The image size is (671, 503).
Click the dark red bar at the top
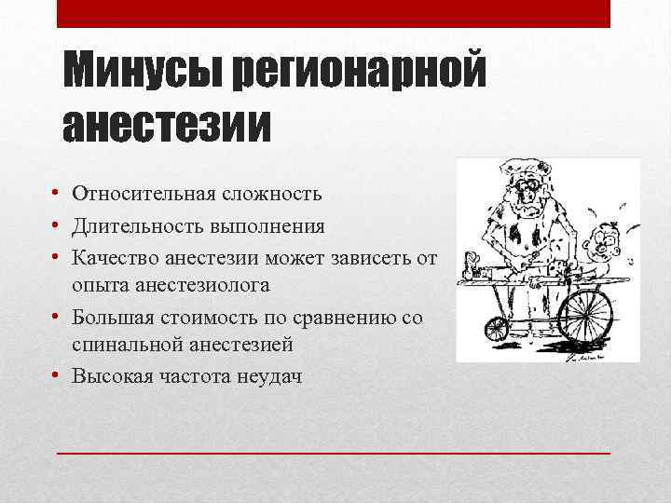pyautogui.click(x=334, y=13)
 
